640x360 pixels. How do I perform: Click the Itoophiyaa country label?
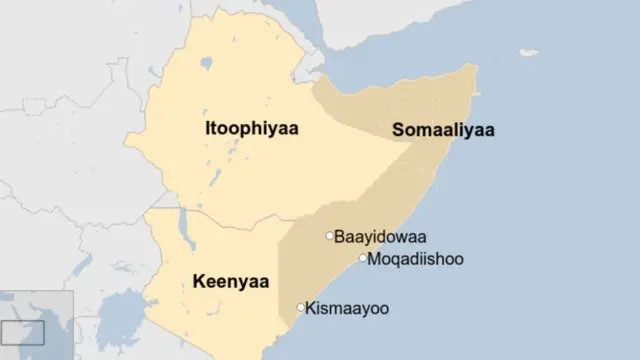coord(253,130)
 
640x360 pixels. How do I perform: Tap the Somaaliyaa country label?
coord(445,131)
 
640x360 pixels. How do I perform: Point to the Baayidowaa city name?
coord(380,237)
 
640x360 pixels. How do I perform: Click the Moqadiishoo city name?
coord(416,259)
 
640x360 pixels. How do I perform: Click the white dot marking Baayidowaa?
coord(329,236)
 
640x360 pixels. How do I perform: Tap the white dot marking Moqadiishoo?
coord(363,258)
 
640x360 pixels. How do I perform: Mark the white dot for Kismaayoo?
coord(301,307)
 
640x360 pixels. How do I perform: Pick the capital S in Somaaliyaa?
coord(399,131)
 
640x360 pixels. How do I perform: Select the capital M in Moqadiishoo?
coord(375,259)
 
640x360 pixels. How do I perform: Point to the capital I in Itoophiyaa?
coord(207,130)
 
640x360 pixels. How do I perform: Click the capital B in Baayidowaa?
coord(339,237)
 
